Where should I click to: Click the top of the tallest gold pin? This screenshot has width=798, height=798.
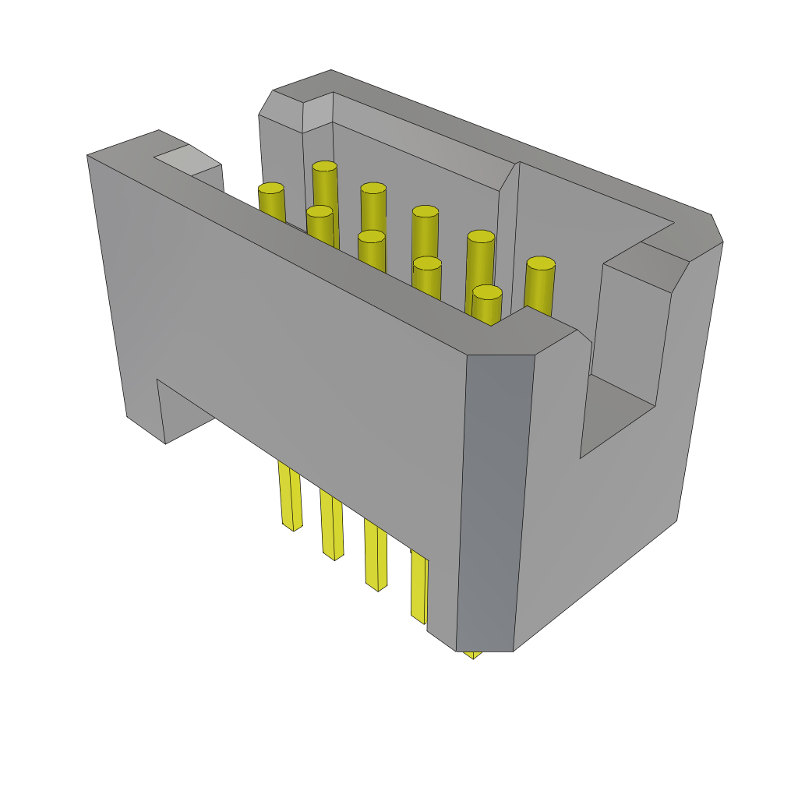click(x=324, y=166)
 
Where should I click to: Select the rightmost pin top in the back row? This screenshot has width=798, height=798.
click(x=540, y=263)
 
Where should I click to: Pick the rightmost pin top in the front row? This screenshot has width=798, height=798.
click(x=487, y=292)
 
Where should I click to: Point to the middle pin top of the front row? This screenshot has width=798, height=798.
click(x=372, y=236)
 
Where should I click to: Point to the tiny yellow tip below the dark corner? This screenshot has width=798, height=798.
click(x=472, y=655)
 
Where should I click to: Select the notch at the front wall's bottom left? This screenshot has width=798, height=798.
click(x=185, y=413)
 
